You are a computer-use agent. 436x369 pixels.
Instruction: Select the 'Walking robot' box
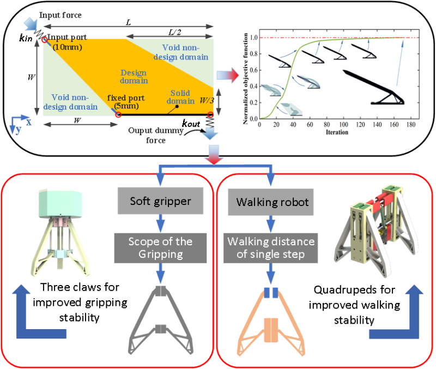click(x=272, y=202)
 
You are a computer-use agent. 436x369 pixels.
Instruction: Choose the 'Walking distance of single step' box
click(x=271, y=246)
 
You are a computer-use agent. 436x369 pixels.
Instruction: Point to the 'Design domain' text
click(x=134, y=77)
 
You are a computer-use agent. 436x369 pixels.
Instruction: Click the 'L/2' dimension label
click(x=175, y=32)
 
